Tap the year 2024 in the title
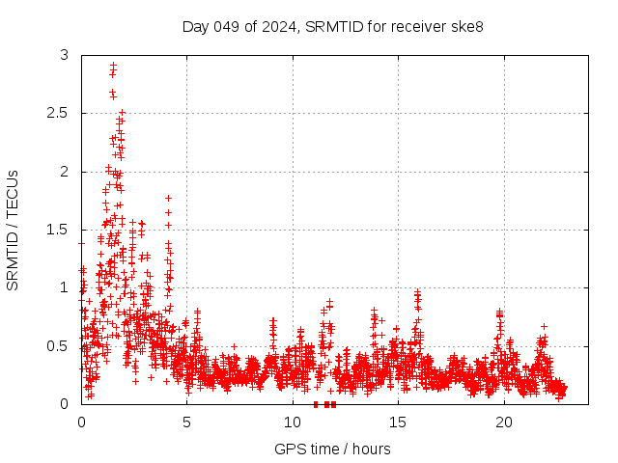click(279, 26)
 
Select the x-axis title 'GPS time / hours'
click(332, 449)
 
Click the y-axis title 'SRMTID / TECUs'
click(14, 230)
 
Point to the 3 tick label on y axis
click(64, 56)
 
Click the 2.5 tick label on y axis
click(58, 114)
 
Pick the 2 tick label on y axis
click(64, 172)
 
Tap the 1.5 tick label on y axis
click(58, 230)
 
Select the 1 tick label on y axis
click(64, 287)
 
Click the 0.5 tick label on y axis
click(58, 345)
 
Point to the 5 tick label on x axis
click(186, 422)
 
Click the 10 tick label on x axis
click(292, 422)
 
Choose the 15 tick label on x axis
click(398, 422)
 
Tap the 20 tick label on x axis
click(503, 422)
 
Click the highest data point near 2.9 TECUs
click(113, 66)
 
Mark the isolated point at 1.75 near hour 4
click(168, 198)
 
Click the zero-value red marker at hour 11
click(316, 404)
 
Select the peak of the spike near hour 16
click(417, 291)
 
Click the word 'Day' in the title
click(195, 26)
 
